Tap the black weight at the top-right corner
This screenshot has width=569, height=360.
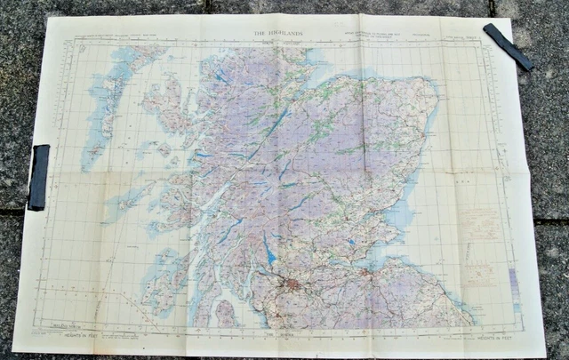pos(508,46)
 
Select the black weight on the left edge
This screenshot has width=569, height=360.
pos(39,177)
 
